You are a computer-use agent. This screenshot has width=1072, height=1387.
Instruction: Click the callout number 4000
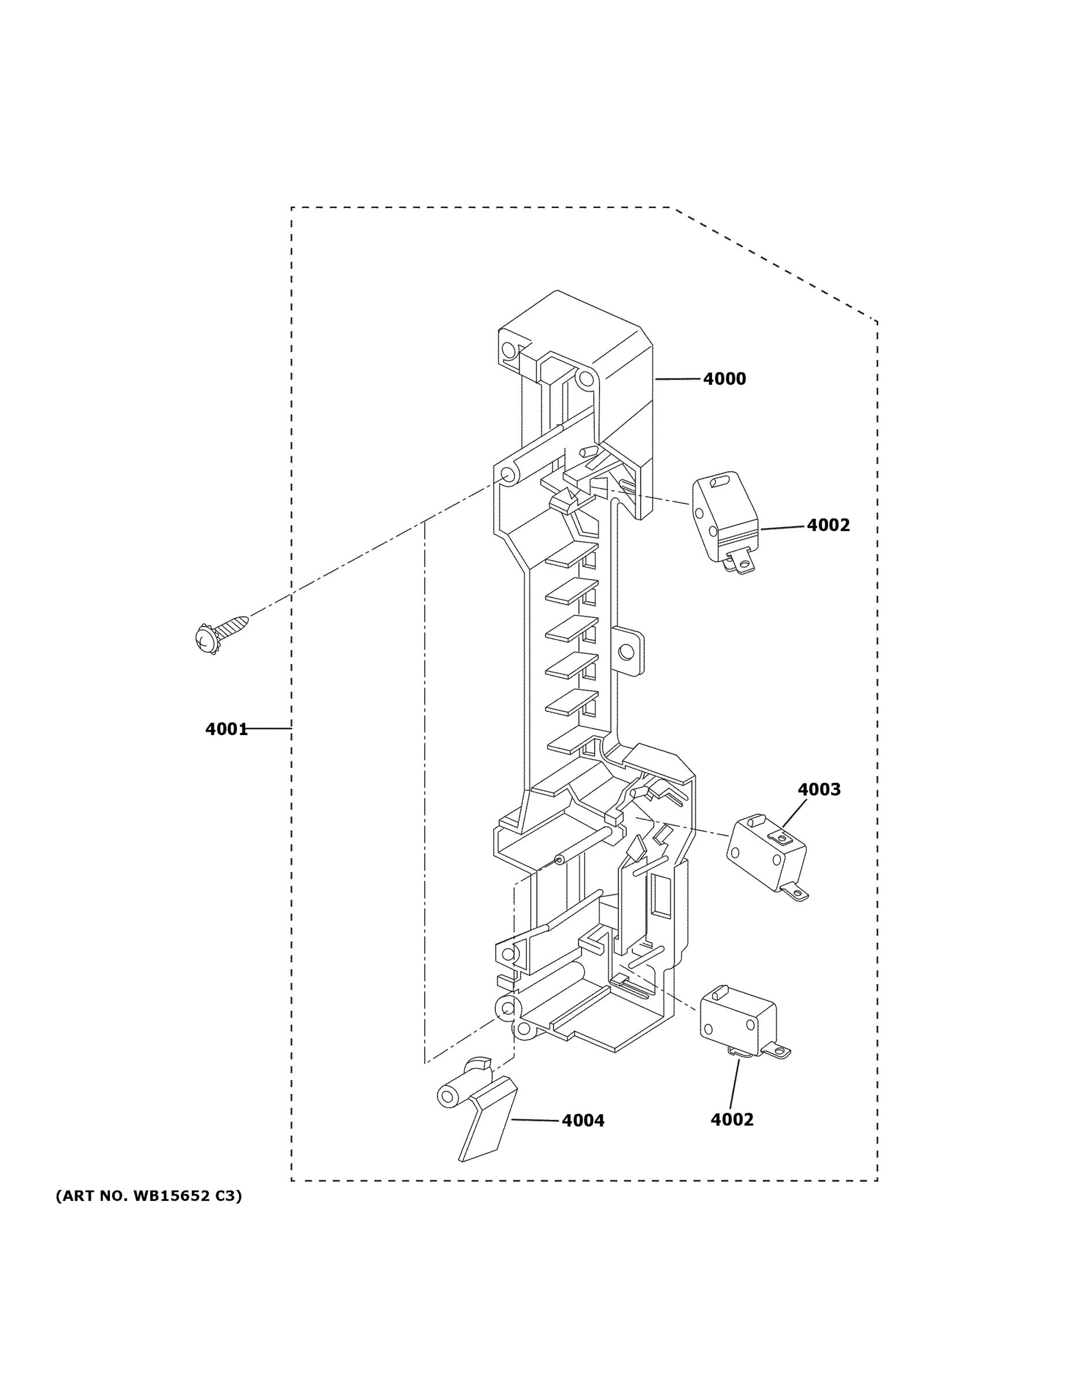[x=724, y=379]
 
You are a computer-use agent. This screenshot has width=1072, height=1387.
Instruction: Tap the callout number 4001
[x=226, y=729]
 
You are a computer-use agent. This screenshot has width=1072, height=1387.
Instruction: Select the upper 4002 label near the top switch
[x=828, y=525]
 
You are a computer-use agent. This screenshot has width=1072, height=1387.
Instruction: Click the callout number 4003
[x=819, y=789]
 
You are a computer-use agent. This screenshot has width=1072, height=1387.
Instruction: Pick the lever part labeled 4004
[x=486, y=1121]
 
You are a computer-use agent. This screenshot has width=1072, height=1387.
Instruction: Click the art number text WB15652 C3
[x=149, y=1196]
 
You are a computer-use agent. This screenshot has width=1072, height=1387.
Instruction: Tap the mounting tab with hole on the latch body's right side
[x=628, y=651]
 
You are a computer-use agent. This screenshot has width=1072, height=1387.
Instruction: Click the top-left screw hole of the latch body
[x=508, y=349]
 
